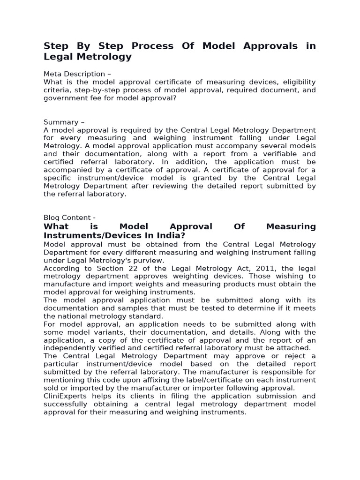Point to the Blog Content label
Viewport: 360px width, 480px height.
click(69, 217)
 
